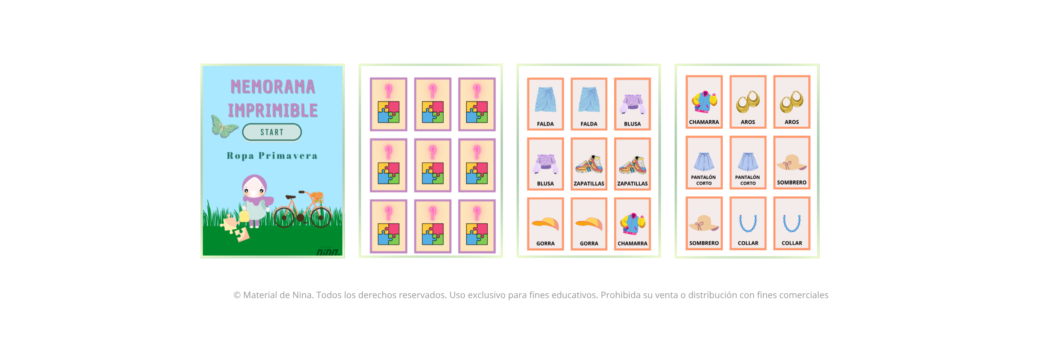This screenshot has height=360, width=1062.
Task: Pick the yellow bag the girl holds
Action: [244, 216]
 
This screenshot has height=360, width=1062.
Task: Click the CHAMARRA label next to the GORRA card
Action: [632, 244]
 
